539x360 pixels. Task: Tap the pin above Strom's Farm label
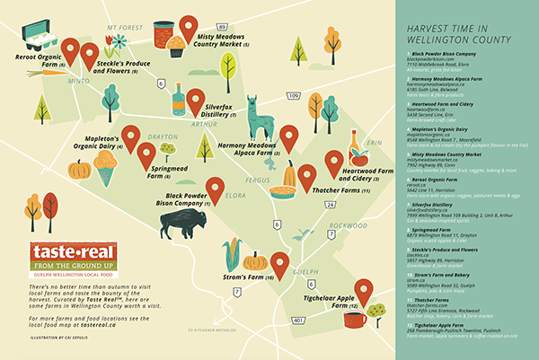click(x=279, y=266)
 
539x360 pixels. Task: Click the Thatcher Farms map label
click(x=340, y=191)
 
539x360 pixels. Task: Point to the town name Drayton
click(x=163, y=136)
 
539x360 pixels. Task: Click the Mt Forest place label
click(x=125, y=28)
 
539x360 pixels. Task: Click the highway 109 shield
click(x=293, y=94)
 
